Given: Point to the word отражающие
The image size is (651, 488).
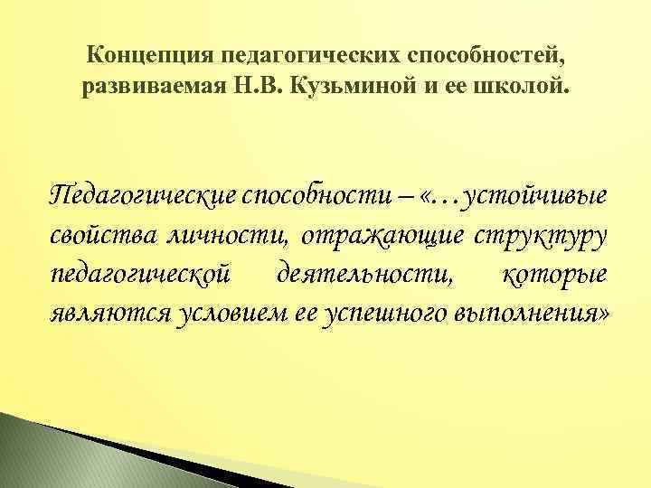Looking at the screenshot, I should coord(382,235).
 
